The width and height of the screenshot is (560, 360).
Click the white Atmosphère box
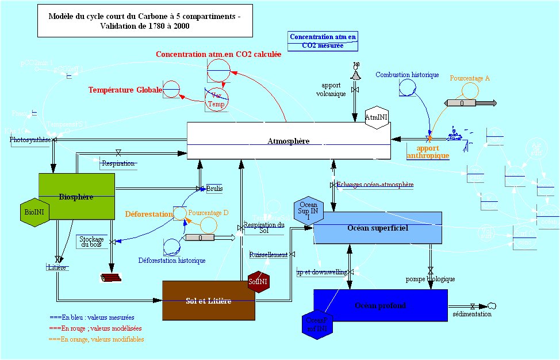289,141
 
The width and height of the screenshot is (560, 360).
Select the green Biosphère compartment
76,197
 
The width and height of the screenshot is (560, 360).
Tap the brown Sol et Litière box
208,301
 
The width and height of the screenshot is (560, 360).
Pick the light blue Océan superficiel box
377,227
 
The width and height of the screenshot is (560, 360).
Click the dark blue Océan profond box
380,305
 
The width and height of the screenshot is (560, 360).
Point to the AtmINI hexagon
377,118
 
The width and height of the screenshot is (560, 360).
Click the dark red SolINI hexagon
258,282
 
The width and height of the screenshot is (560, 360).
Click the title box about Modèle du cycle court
145,21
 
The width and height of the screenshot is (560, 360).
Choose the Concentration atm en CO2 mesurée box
323,41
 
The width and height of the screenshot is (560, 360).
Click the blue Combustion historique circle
408,87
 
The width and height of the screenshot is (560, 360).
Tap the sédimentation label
472,314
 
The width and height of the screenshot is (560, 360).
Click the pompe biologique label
431,279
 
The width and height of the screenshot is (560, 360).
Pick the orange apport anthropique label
428,152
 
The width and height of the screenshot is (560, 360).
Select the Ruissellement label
269,254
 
